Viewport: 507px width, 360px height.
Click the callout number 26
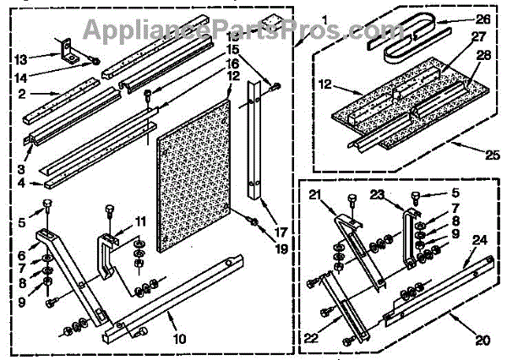482,19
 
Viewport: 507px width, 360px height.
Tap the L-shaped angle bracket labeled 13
71,52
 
